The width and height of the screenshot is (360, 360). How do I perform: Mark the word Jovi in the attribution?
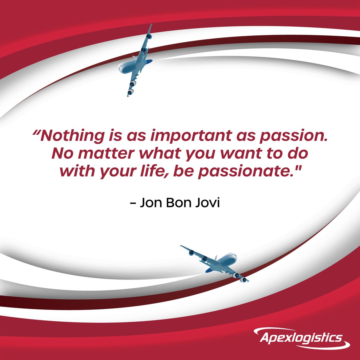pyautogui.click(x=210, y=203)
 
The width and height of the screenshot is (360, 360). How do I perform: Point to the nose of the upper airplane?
pyautogui.click(x=120, y=68)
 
